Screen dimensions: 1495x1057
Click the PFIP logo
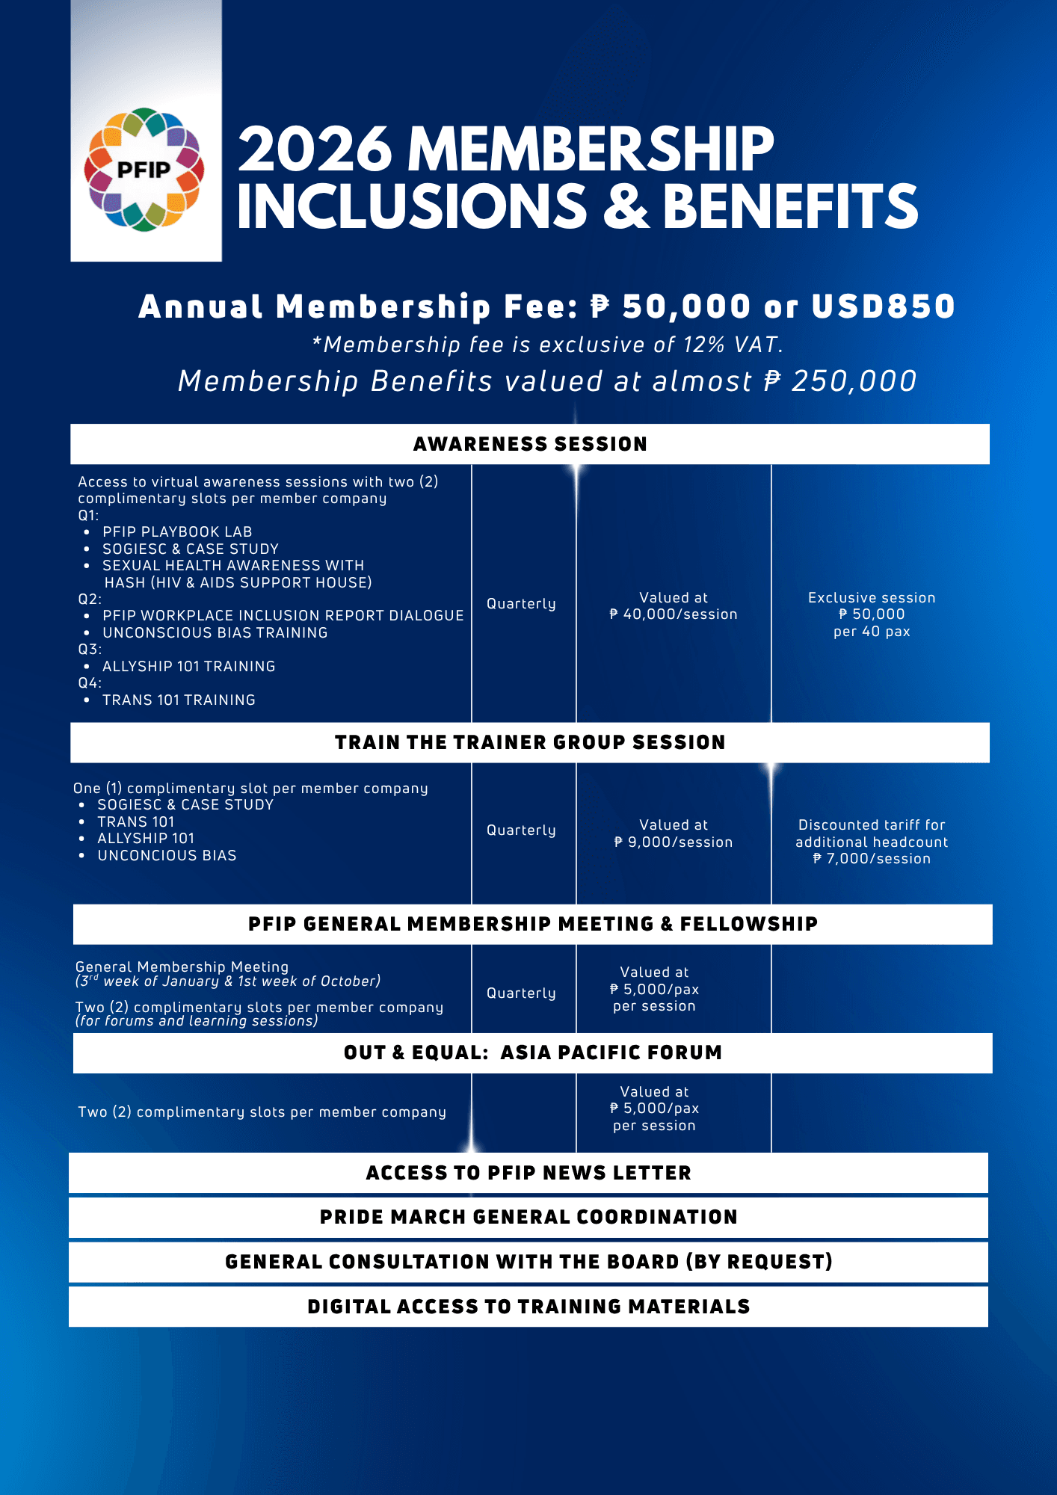[x=144, y=170]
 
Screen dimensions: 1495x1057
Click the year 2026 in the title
[x=315, y=149]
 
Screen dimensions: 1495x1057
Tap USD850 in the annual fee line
[x=883, y=306]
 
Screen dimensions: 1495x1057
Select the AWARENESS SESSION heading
[x=530, y=444]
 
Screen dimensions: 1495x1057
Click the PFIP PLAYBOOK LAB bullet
[x=177, y=531]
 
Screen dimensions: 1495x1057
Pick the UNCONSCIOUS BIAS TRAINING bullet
[x=215, y=632]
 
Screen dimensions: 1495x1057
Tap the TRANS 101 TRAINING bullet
[x=179, y=700]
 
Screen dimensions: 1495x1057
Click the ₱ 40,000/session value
[x=674, y=614]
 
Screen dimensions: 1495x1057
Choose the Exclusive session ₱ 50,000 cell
[x=872, y=614]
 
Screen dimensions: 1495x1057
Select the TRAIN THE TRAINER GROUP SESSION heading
[x=530, y=742]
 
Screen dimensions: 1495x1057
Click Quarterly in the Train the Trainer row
[x=521, y=830]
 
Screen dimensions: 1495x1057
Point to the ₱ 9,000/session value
[x=674, y=842]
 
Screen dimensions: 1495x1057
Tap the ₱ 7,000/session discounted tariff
[x=872, y=859]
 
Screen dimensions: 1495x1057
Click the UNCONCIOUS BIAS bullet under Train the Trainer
[x=167, y=855]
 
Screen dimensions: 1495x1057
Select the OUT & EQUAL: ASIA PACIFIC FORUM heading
[x=532, y=1052]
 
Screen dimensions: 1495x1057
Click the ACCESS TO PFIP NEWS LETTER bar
[x=528, y=1173]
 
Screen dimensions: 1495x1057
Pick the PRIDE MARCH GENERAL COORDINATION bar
[x=528, y=1217]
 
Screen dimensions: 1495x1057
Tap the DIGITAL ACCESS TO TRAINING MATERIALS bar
[x=528, y=1307]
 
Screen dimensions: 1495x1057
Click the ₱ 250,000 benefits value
[x=840, y=381]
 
